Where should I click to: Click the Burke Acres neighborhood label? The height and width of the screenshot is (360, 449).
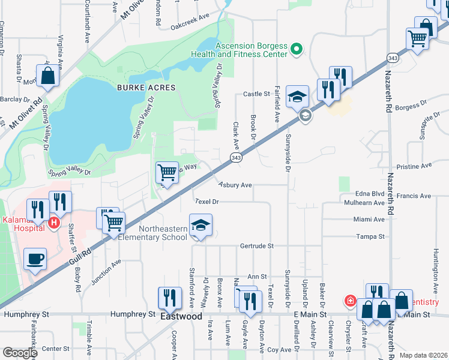point(146,88)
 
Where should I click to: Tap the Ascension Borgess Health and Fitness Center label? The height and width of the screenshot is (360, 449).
point(239,49)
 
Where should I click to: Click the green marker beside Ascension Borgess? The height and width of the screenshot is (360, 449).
point(296,49)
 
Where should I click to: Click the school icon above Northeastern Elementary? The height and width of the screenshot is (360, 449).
point(201,226)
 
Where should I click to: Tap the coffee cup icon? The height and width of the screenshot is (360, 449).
point(35,259)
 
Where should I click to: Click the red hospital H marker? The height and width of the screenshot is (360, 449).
point(54,223)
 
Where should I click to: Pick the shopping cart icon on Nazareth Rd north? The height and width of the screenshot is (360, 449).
point(417,38)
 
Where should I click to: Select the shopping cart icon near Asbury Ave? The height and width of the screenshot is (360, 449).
point(167,173)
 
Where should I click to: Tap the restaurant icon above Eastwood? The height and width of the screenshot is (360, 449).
point(170,298)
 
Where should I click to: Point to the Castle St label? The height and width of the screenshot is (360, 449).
point(256,94)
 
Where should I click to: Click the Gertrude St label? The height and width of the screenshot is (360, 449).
point(257,246)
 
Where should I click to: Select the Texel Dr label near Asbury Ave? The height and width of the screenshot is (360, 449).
point(207,202)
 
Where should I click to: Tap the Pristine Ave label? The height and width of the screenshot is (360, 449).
point(415,166)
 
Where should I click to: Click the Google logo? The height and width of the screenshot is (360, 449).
point(20,353)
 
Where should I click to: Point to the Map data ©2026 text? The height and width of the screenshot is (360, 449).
point(424,355)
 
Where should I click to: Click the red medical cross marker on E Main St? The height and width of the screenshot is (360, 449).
point(349,300)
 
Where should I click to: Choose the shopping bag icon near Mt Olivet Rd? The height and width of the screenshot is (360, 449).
point(48,76)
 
